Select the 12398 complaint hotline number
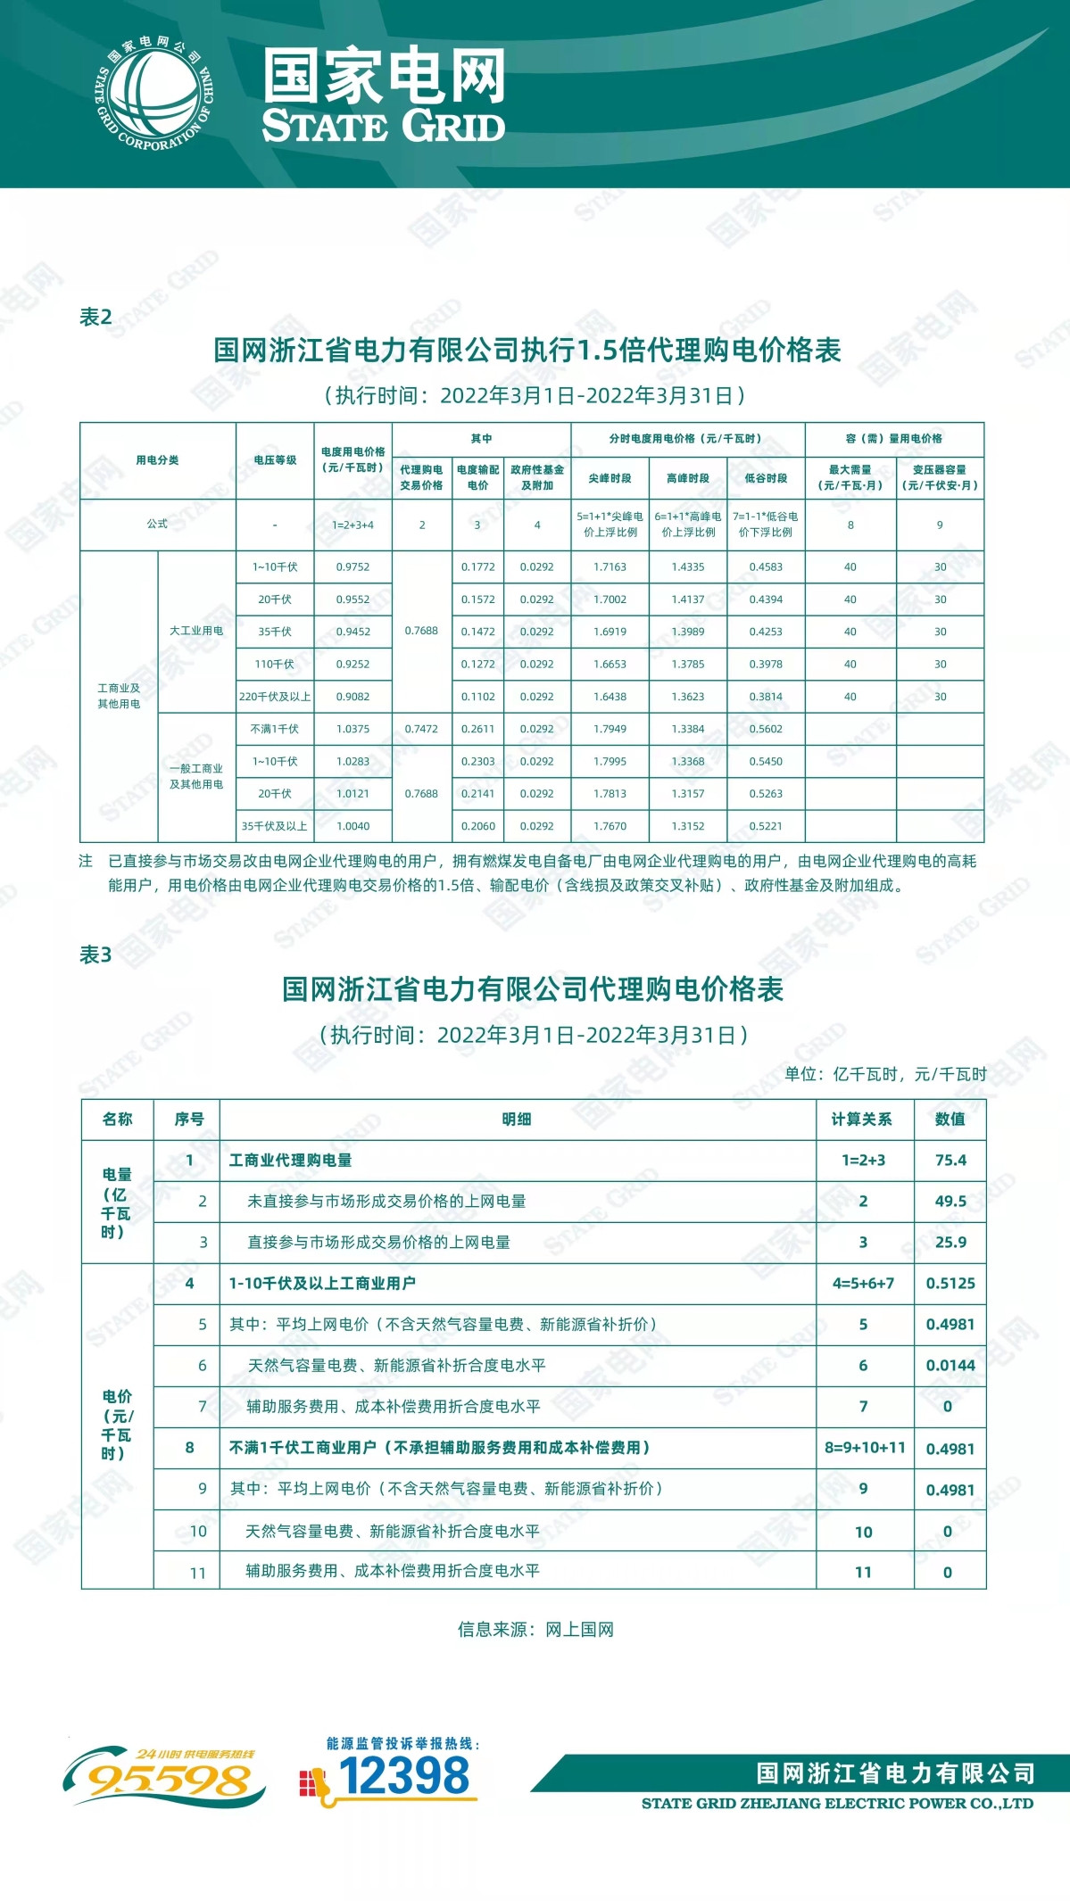click(x=403, y=1775)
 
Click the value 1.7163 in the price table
click(x=610, y=567)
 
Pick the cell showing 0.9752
click(x=353, y=567)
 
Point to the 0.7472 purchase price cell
click(x=421, y=729)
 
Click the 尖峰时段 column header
click(x=610, y=478)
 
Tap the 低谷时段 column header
click(x=766, y=478)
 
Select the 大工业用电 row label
click(x=196, y=631)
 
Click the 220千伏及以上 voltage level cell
click(x=275, y=697)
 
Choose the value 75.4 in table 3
click(x=950, y=1161)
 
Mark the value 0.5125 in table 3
click(x=950, y=1284)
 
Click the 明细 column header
click(x=517, y=1120)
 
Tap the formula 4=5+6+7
click(x=863, y=1284)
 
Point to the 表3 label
click(x=95, y=955)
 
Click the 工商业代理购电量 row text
click(x=291, y=1161)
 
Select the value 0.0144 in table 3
click(x=950, y=1366)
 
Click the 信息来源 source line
click(x=535, y=1630)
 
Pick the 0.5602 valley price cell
click(x=766, y=729)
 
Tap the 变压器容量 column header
click(x=940, y=477)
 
